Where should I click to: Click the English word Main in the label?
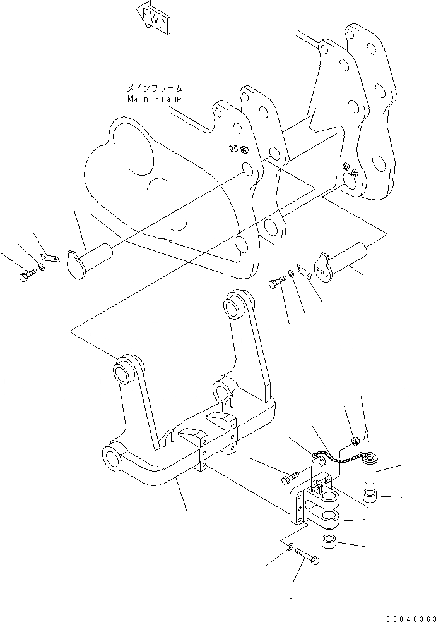[x=139, y=99]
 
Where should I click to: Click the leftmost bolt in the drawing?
[x=25, y=276]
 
